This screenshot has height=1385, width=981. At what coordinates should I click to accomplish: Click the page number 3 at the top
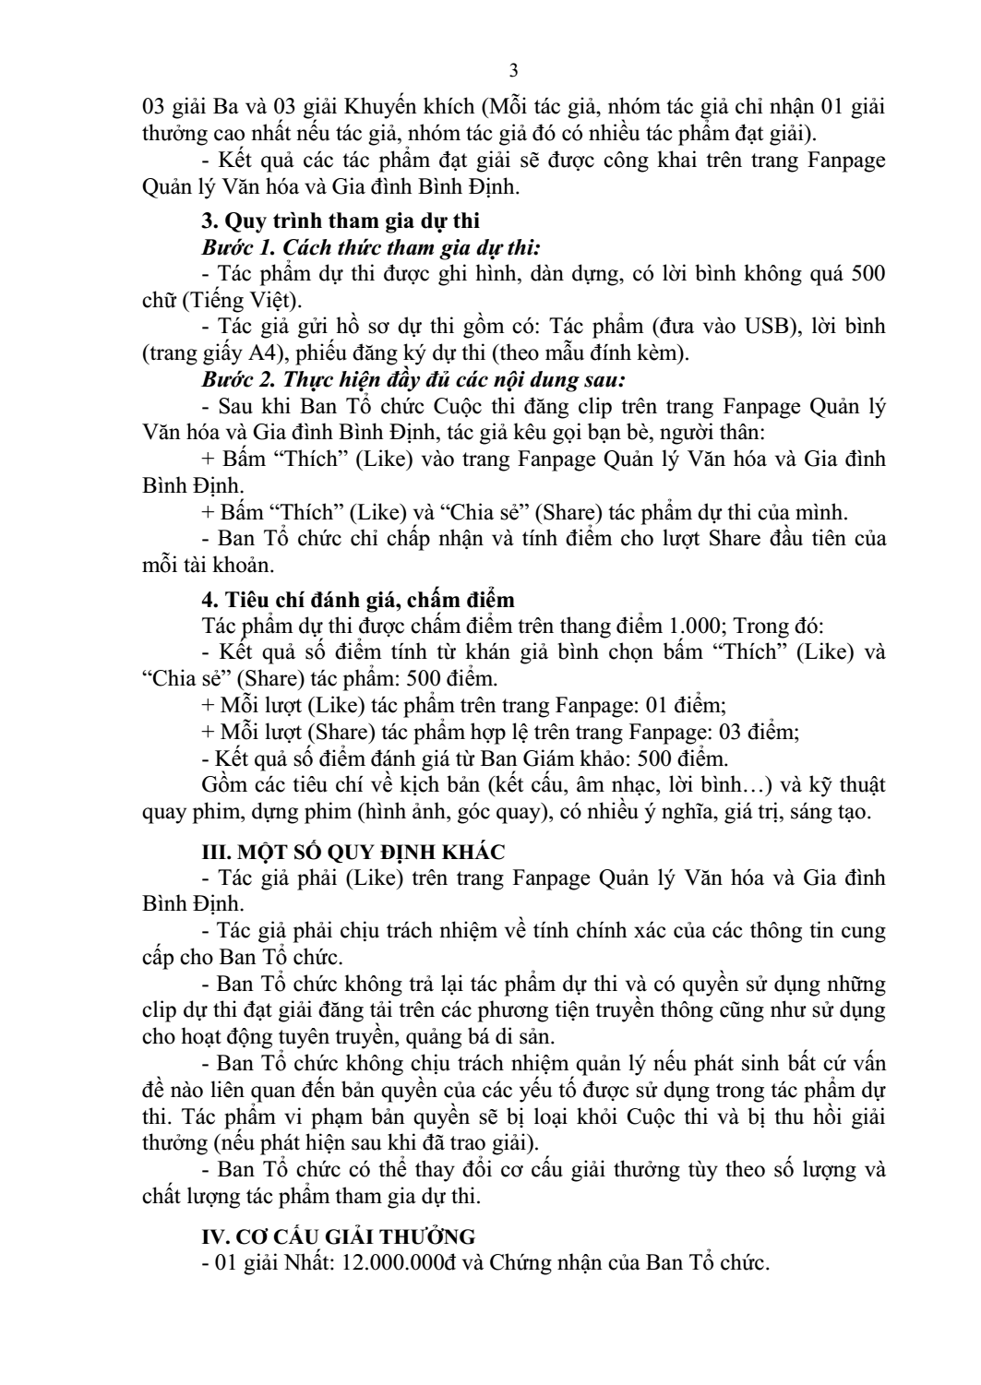tap(514, 72)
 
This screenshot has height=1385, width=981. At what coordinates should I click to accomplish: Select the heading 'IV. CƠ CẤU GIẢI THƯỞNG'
tap(339, 1236)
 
